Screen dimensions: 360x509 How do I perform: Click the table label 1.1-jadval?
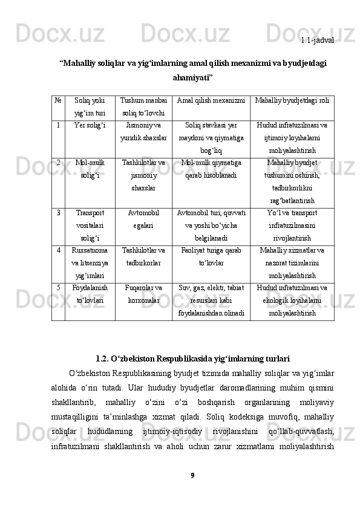(x=318, y=40)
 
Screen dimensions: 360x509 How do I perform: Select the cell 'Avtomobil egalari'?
(x=144, y=219)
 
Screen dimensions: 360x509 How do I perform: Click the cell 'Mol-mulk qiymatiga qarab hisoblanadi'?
(x=211, y=169)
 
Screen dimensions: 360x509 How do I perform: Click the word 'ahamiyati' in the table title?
(x=192, y=77)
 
